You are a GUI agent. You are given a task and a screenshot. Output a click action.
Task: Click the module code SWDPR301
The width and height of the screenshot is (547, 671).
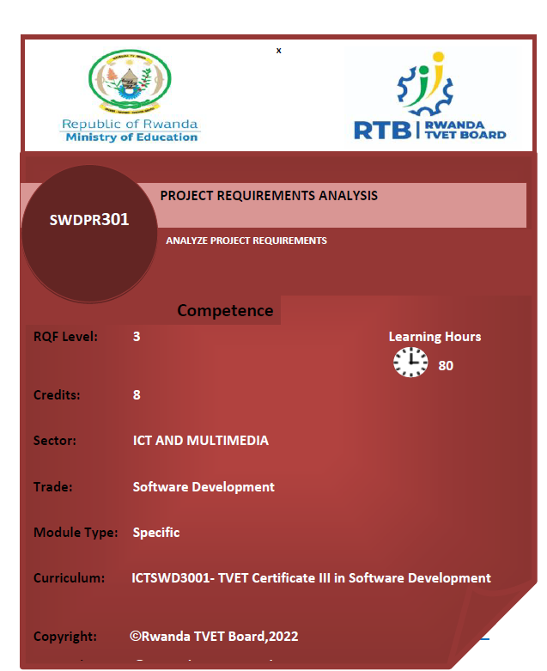[89, 219]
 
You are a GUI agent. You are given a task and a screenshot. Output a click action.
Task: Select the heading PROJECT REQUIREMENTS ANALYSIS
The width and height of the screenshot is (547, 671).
[269, 196]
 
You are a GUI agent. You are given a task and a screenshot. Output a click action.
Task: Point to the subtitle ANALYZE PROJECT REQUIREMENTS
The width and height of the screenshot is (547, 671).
[246, 241]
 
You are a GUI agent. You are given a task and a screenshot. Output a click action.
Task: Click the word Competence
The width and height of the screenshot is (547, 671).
[225, 311]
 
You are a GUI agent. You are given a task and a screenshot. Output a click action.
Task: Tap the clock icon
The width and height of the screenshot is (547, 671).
[410, 363]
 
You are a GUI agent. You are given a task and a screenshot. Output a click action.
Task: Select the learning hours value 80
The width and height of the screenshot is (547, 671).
[446, 366]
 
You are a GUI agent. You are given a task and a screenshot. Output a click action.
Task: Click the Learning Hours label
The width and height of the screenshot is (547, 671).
[435, 337]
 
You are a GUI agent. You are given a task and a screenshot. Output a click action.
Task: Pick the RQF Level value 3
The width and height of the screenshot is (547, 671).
[137, 337]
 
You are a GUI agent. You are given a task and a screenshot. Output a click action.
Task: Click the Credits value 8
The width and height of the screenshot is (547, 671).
[137, 395]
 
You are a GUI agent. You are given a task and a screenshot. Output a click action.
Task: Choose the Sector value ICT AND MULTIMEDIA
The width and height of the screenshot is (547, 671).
[200, 441]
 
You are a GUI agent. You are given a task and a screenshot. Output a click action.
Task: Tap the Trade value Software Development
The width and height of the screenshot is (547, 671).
[204, 487]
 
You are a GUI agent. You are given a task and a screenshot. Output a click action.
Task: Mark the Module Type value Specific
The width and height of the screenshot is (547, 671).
[156, 533]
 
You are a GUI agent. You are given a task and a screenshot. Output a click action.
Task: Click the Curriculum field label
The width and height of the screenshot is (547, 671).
[69, 578]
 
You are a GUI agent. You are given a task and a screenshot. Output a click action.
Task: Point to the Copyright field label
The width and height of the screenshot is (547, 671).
[64, 637]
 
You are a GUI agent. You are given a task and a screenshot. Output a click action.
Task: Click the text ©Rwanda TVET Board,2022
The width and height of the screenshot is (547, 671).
[214, 637]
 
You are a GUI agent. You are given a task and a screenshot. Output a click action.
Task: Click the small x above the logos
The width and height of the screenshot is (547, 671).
[278, 51]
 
